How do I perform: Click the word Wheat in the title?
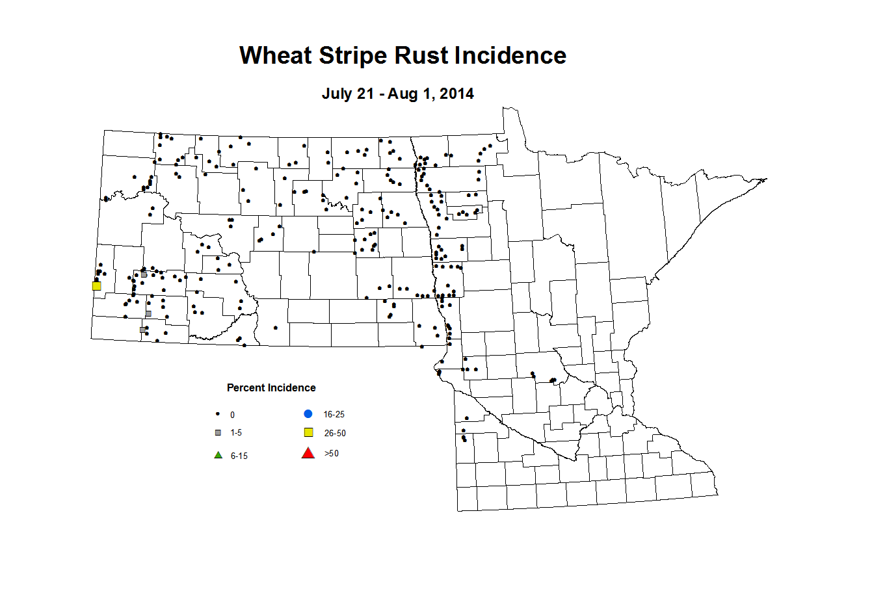click(276, 55)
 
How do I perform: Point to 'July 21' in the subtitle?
click(347, 94)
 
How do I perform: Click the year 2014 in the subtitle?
click(456, 94)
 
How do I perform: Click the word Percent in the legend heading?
click(246, 387)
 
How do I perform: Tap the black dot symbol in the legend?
click(218, 414)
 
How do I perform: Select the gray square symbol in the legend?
click(218, 432)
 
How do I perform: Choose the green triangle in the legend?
click(218, 454)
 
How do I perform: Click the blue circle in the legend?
click(308, 413)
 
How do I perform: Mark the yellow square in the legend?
click(309, 432)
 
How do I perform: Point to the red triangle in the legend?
click(308, 453)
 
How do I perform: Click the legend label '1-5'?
click(236, 432)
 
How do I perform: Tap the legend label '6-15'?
click(239, 456)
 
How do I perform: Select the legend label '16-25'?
click(334, 414)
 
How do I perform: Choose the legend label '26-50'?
click(335, 433)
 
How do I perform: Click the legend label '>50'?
click(331, 453)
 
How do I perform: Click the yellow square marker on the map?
click(96, 285)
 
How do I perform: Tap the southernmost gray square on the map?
click(142, 330)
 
